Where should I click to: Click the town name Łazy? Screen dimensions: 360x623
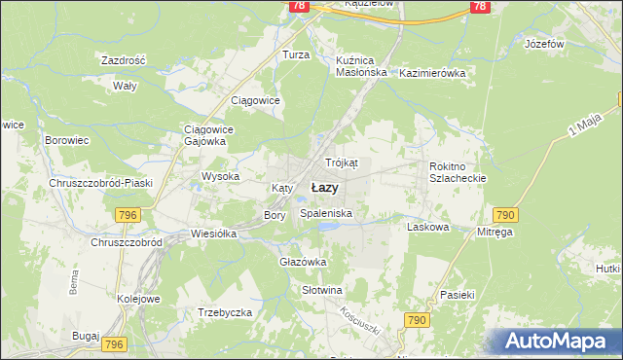click(x=324, y=187)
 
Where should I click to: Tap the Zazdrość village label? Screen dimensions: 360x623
click(x=124, y=60)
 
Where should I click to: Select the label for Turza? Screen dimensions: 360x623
click(x=296, y=55)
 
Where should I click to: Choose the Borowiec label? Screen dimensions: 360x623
click(x=67, y=140)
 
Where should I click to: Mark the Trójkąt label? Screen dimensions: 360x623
click(x=342, y=162)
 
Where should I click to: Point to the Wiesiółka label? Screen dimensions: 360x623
click(x=215, y=234)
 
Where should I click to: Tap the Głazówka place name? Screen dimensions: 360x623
click(x=302, y=262)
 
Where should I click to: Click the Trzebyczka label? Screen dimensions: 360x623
click(x=225, y=312)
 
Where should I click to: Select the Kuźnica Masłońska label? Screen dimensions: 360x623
click(x=361, y=65)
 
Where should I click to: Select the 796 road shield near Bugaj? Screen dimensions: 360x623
click(x=115, y=344)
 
